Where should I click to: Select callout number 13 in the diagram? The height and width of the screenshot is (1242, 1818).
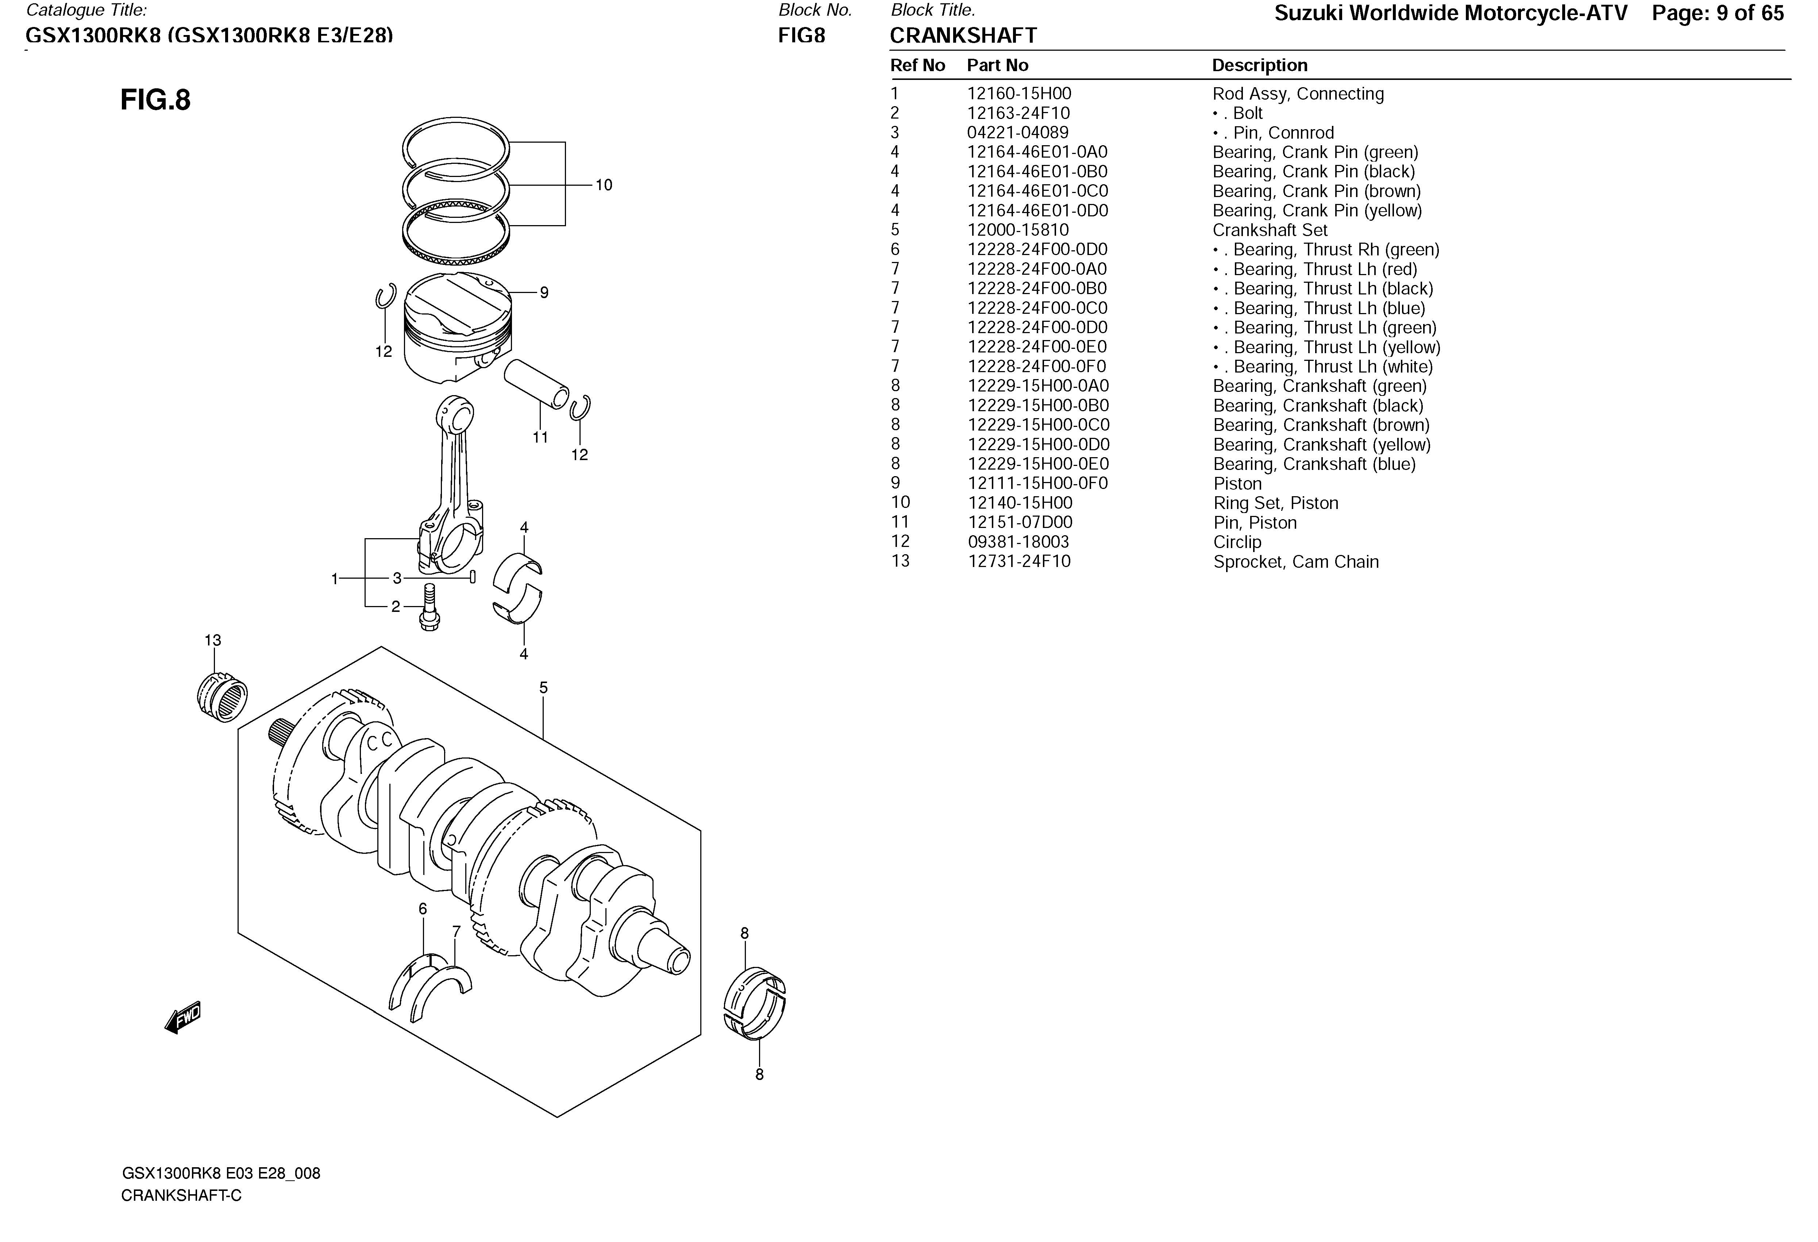pos(213,641)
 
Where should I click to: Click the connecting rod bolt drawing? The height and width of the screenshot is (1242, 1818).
pos(429,607)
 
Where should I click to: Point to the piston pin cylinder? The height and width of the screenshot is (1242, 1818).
pos(537,383)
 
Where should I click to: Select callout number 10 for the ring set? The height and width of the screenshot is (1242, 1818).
pos(604,185)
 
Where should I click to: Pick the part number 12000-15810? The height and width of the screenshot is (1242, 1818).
pos(1018,230)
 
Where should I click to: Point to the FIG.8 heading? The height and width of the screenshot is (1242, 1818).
pos(156,100)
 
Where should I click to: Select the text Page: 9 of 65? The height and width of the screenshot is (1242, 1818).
pos(1718,13)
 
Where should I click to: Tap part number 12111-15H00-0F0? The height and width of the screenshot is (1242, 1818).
pos(1037,483)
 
